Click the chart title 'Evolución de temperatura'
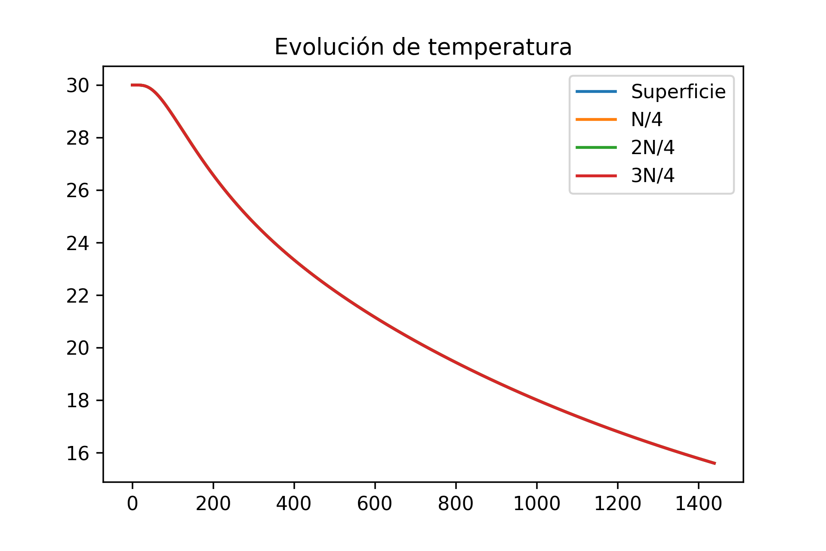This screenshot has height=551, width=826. click(423, 47)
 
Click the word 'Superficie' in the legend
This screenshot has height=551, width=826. click(678, 92)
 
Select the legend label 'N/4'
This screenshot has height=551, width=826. click(646, 120)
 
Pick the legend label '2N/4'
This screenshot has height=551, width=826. click(652, 148)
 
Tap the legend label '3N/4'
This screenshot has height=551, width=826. click(652, 176)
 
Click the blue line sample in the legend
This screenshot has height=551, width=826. click(596, 91)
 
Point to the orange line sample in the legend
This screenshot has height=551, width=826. click(596, 119)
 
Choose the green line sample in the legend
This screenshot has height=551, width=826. click(596, 148)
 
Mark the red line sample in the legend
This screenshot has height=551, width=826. click(596, 176)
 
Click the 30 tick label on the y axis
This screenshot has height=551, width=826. click(77, 86)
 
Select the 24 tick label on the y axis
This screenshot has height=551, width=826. click(77, 244)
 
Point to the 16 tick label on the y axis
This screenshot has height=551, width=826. click(77, 454)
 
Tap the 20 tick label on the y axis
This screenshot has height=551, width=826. click(77, 348)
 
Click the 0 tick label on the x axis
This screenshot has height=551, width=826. click(133, 504)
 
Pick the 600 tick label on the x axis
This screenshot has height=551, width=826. click(375, 504)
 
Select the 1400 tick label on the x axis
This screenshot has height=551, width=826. click(698, 504)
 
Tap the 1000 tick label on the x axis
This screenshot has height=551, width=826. click(536, 504)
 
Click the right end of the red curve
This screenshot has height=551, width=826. click(715, 463)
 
